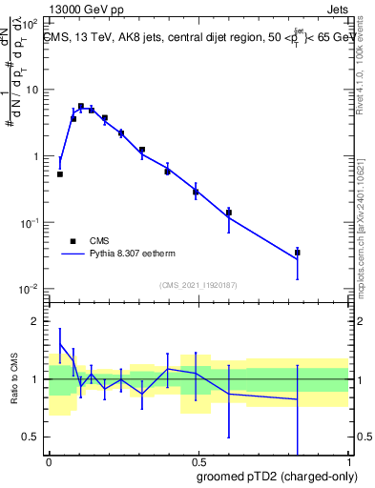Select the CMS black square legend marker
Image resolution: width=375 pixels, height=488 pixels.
click(x=72, y=241)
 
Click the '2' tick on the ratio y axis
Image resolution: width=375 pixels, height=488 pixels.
click(x=35, y=321)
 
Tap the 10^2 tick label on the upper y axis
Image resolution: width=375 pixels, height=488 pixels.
click(x=29, y=23)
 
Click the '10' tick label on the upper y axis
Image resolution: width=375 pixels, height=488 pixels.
click(x=31, y=90)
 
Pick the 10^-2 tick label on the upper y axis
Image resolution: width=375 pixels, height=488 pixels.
click(x=29, y=289)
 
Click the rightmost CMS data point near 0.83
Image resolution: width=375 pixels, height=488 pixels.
click(x=298, y=253)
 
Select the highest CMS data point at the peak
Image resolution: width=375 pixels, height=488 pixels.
click(x=81, y=107)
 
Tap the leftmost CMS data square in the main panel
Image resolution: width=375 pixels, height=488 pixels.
click(x=60, y=174)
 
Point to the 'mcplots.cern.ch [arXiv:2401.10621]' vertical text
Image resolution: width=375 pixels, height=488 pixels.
click(x=365, y=220)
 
